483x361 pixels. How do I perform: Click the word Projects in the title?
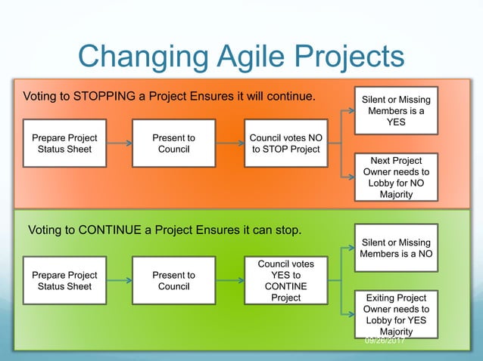[349, 57]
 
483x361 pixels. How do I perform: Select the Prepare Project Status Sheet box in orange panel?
[64, 143]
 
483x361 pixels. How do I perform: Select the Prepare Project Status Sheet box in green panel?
[64, 281]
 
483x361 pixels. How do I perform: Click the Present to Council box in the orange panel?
[173, 143]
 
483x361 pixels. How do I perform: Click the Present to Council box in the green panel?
[173, 281]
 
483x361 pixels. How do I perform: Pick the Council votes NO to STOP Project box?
[285, 143]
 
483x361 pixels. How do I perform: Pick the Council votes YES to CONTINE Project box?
[285, 281]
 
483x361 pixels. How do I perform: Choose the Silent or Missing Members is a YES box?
[396, 111]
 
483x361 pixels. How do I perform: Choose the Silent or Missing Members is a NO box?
[396, 248]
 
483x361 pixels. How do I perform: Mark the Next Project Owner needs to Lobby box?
[396, 177]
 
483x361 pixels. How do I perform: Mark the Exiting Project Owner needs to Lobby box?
[396, 314]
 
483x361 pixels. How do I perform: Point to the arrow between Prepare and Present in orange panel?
[119, 143]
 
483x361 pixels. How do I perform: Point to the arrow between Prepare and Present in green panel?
[119, 281]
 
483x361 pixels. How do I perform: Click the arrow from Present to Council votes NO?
[229, 143]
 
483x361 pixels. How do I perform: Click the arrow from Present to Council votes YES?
[229, 281]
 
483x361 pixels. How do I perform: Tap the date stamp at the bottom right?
[385, 341]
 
